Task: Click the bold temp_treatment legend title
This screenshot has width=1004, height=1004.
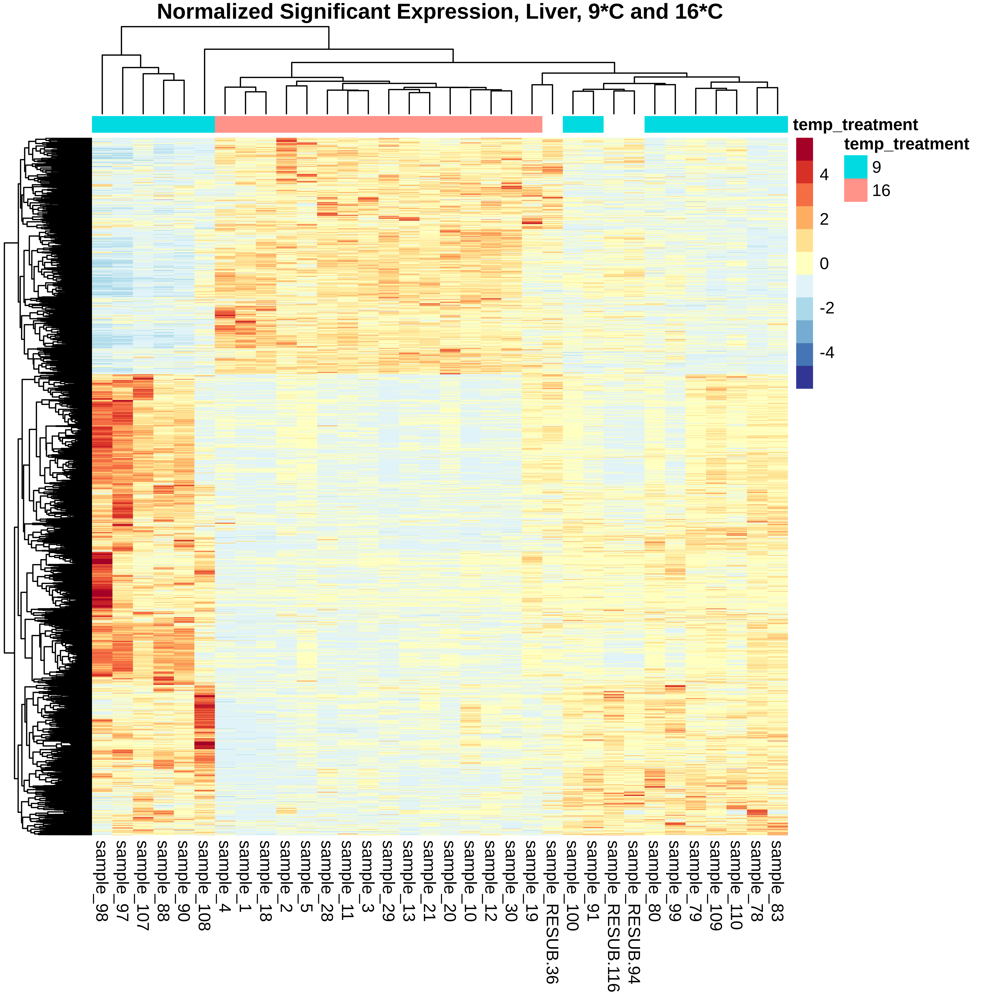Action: pyautogui.click(x=906, y=144)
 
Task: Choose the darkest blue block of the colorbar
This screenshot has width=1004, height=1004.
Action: pyautogui.click(x=804, y=377)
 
